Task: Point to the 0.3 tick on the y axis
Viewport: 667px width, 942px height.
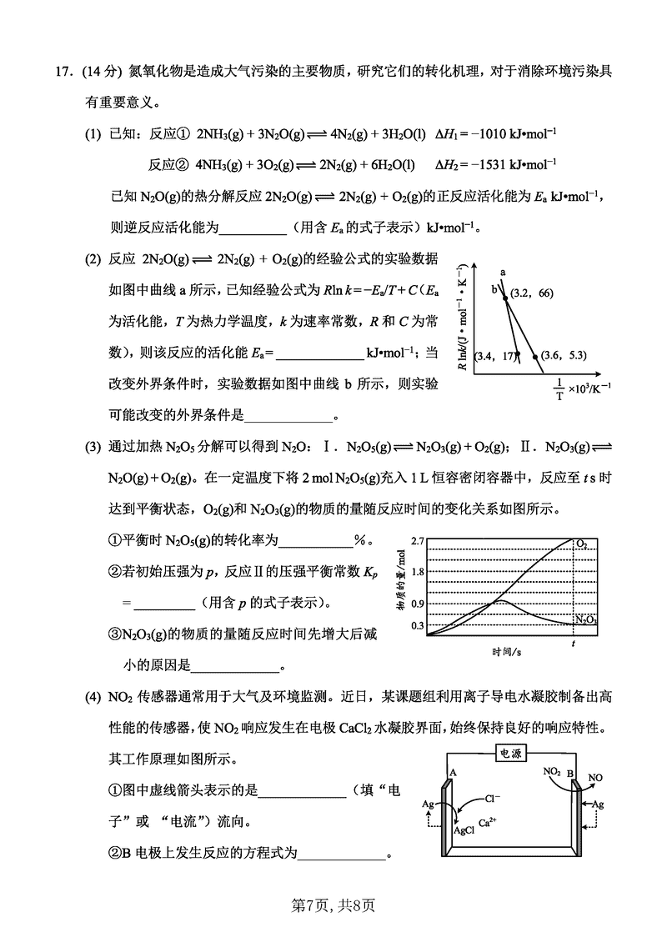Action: click(417, 624)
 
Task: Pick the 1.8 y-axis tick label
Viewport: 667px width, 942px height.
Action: click(417, 572)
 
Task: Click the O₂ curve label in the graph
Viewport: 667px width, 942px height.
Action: click(581, 544)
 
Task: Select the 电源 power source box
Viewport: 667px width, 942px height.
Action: click(511, 753)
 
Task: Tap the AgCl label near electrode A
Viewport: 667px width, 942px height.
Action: click(464, 830)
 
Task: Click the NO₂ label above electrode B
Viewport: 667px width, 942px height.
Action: click(552, 771)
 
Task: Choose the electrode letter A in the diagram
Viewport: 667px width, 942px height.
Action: click(453, 772)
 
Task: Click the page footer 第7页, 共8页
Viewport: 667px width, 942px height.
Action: click(333, 902)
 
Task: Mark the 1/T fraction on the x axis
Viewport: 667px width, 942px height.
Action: click(559, 388)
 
